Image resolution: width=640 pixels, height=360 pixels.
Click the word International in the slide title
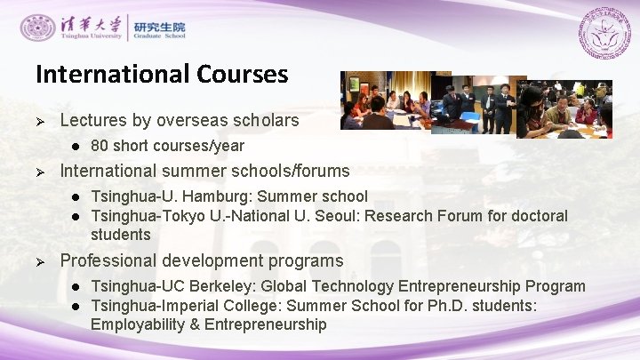pos(109,73)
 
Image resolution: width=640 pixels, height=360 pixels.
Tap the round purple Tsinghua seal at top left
pos(37,28)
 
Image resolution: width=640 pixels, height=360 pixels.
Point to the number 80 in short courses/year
pos(100,146)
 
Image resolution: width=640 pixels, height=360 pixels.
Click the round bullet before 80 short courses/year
pos(77,146)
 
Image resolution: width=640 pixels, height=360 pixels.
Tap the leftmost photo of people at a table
pos(388,100)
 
